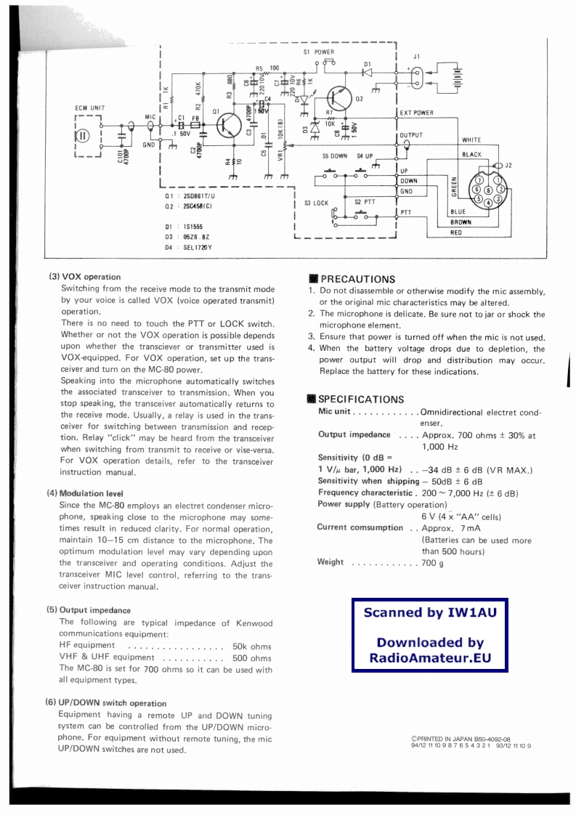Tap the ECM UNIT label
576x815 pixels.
point(90,108)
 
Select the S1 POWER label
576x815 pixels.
point(319,52)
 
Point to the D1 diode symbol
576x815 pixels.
point(367,72)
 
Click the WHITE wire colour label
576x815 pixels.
point(471,139)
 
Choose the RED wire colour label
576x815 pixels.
point(455,233)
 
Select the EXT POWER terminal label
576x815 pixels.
point(417,113)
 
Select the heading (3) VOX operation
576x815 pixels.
point(85,277)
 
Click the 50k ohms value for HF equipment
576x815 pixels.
point(251,646)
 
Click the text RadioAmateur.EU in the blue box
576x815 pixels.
point(430,659)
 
